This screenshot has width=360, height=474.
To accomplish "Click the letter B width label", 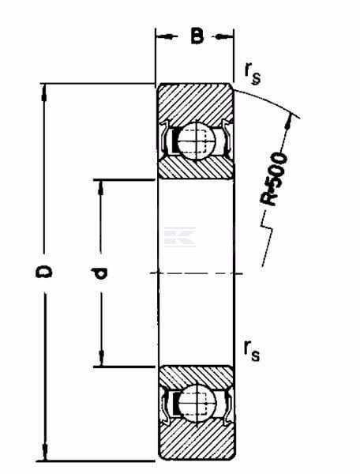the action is (197, 36).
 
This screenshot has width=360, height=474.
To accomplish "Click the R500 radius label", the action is (274, 179).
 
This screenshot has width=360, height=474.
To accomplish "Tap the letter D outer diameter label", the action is (43, 272).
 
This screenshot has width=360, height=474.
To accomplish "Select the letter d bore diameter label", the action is (98, 273).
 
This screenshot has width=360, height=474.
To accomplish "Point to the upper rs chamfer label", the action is (253, 75).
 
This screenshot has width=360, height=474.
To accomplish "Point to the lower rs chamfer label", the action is (252, 352).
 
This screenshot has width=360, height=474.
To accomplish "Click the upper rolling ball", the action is (197, 141).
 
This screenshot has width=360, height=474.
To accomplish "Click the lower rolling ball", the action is (197, 403).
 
